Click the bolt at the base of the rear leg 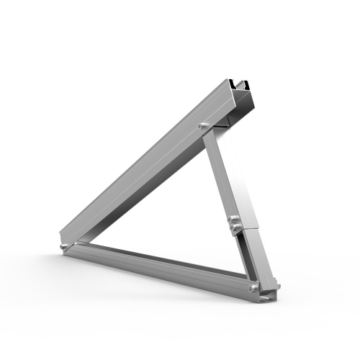tap(254, 287)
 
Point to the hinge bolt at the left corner tap(67, 246)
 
